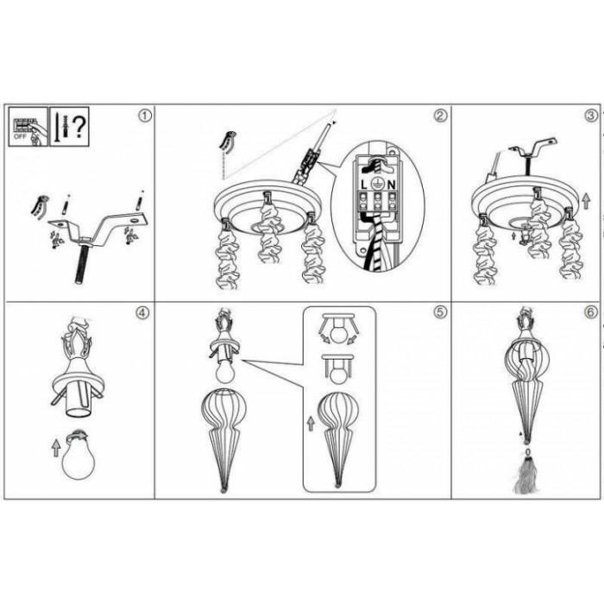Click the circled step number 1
144,116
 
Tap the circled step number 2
441,116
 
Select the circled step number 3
590,116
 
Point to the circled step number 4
142,312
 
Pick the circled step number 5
441,312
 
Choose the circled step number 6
590,312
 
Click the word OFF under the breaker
19,136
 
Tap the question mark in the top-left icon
79,127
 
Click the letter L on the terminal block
364,186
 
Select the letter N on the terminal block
392,186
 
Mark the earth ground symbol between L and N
378,185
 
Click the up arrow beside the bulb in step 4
56,449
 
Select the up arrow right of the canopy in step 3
586,201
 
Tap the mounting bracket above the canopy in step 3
533,147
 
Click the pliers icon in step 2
229,142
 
